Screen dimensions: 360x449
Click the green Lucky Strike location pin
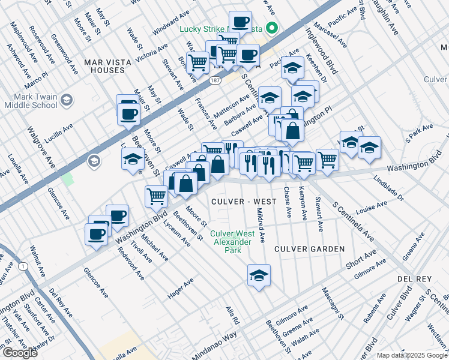tap(271, 28)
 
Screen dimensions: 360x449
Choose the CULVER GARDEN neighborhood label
tap(310, 248)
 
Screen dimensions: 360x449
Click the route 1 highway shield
tap(23, 266)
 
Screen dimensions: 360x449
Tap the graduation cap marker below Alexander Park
tap(259, 275)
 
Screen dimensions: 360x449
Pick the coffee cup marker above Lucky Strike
tap(240, 22)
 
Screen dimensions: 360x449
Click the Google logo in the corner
tap(20, 353)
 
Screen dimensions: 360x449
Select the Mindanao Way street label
tap(206, 341)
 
